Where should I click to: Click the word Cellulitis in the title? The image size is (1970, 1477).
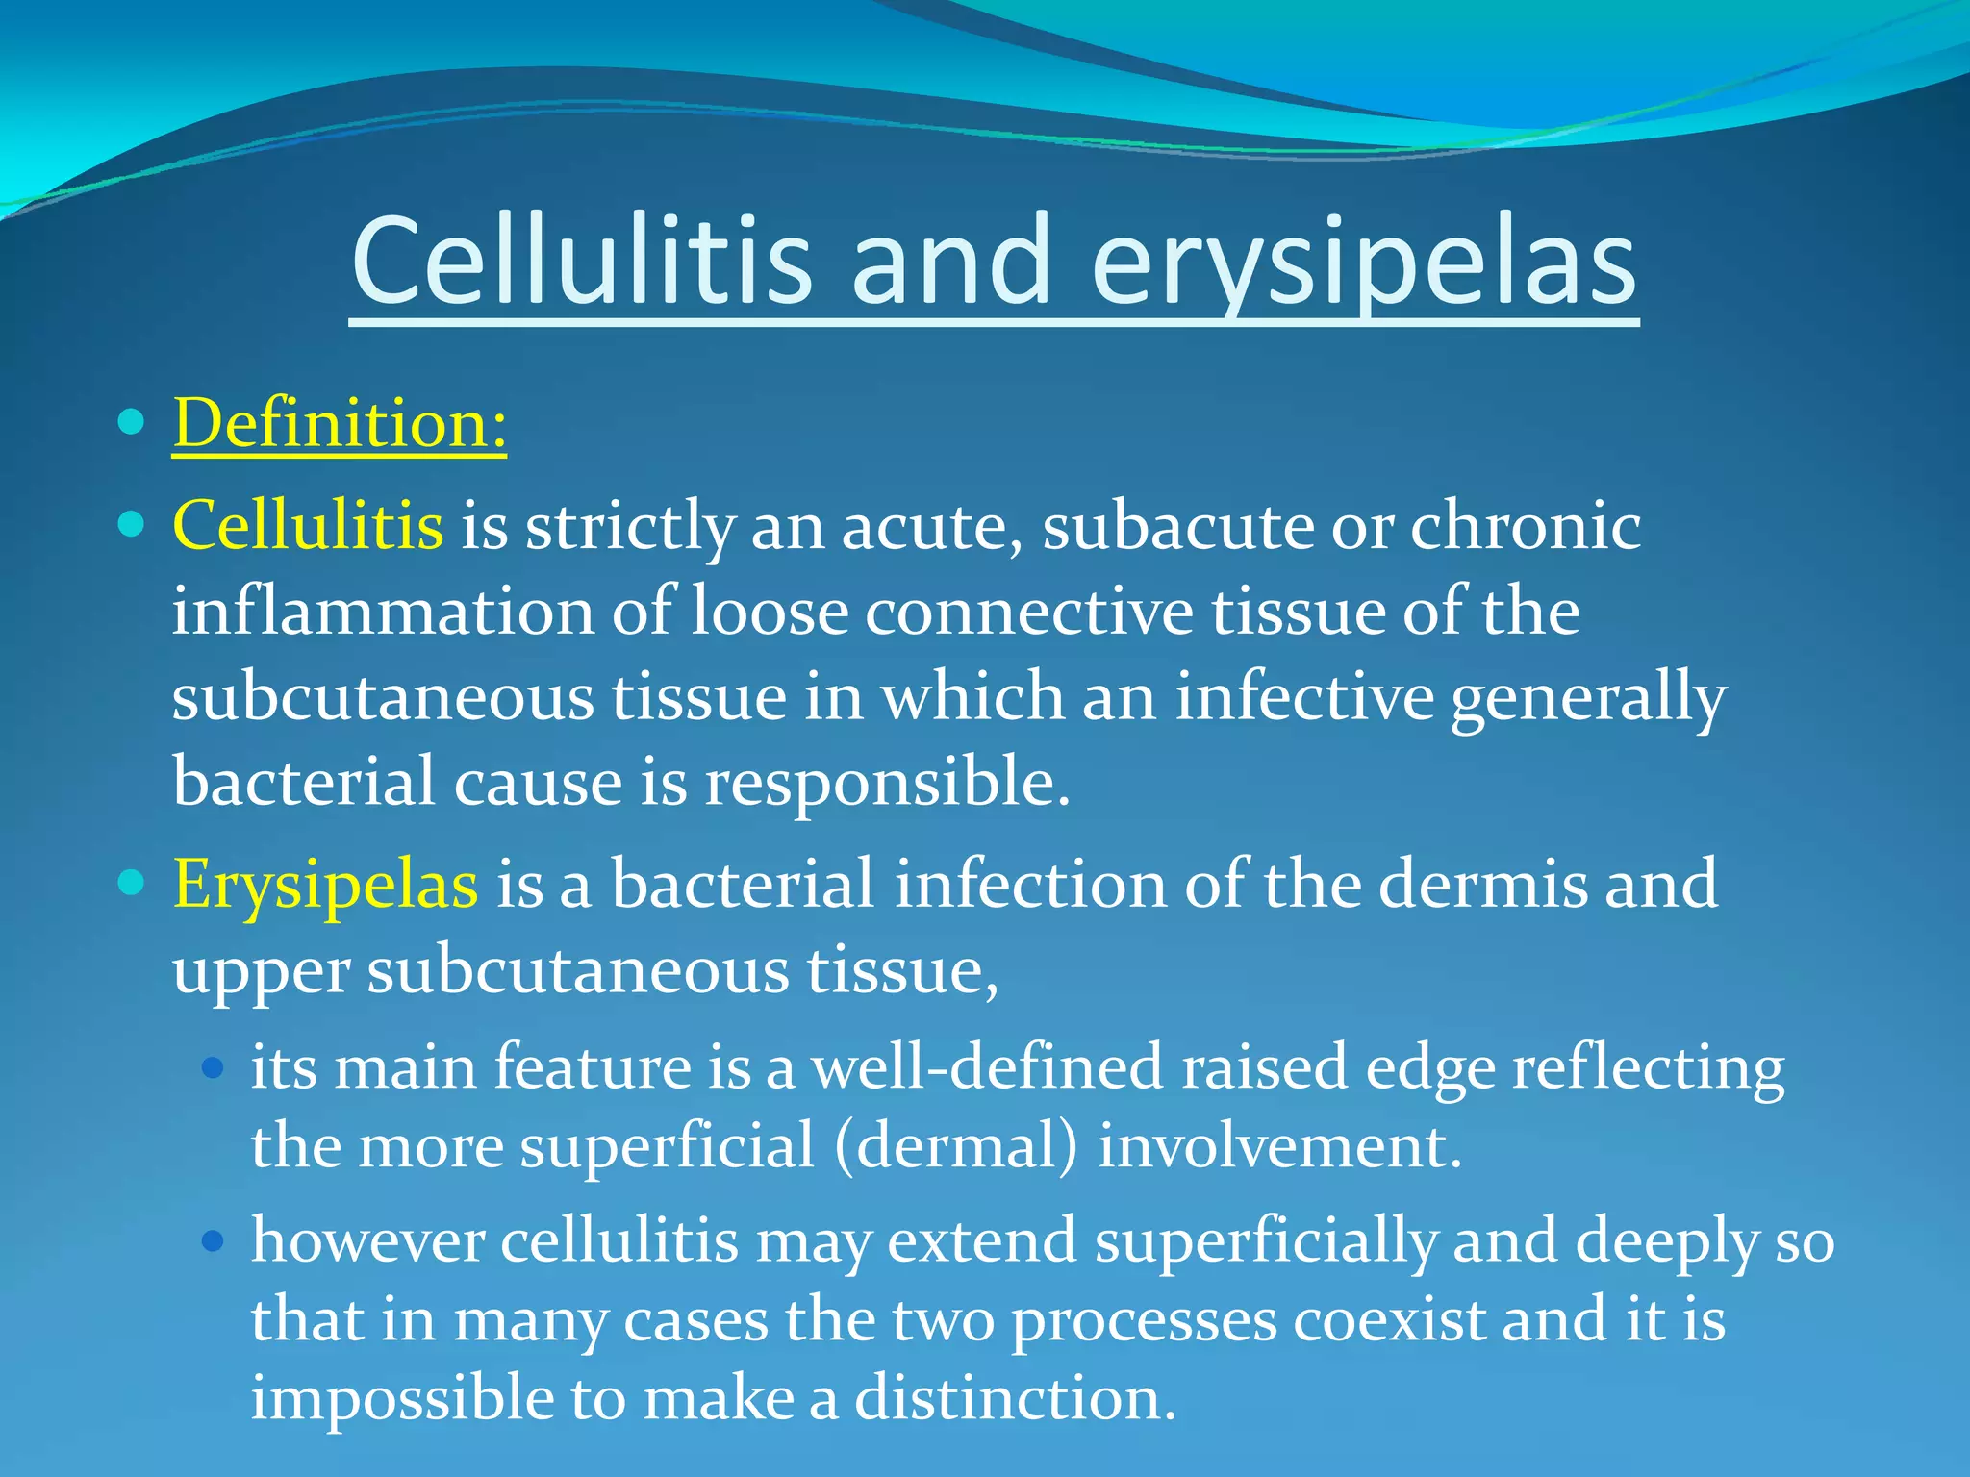click(x=582, y=262)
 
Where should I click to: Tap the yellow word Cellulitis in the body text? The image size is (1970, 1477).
click(x=308, y=526)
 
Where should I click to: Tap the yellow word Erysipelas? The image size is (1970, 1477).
click(x=325, y=884)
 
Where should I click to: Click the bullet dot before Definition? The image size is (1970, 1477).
click(x=131, y=421)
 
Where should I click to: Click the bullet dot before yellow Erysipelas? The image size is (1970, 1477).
click(x=131, y=882)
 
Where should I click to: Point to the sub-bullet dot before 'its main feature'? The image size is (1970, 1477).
click(x=214, y=1067)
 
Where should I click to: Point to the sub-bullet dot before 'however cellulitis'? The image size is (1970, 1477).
click(x=214, y=1240)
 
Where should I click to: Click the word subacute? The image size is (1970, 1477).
click(x=1176, y=526)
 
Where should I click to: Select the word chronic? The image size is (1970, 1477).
click(x=1526, y=526)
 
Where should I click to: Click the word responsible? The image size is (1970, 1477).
click(x=886, y=782)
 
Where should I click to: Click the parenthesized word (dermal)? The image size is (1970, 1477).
click(x=956, y=1146)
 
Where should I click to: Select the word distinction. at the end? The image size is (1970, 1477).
click(x=1015, y=1398)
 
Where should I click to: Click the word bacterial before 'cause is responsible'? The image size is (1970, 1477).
click(x=304, y=782)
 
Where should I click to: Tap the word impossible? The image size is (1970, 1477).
click(x=402, y=1400)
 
